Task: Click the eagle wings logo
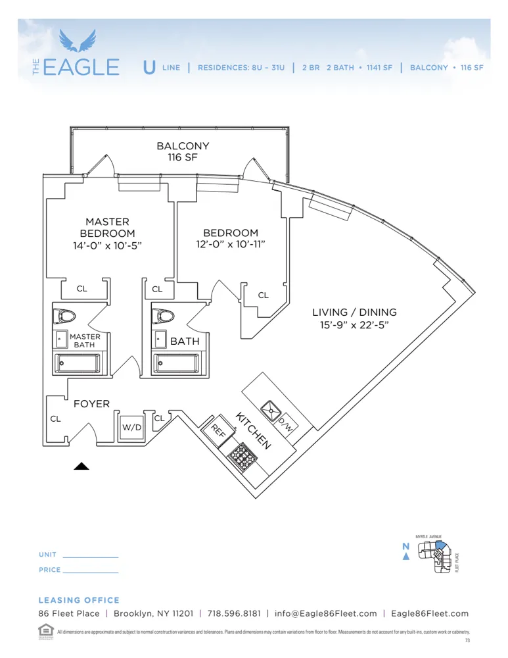tap(77, 41)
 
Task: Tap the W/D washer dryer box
tap(131, 427)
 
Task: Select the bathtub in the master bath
tap(78, 362)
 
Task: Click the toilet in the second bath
tap(162, 316)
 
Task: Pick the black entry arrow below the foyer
tap(81, 466)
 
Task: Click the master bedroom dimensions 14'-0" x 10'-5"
tap(107, 245)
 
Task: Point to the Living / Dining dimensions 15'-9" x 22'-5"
tap(354, 325)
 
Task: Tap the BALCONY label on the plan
tap(183, 146)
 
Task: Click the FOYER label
tap(91, 404)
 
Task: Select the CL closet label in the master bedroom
tap(81, 289)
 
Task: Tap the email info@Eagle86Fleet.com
tap(326, 613)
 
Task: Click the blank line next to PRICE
tap(91, 570)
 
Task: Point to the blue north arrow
tap(406, 557)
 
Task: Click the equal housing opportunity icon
tap(45, 629)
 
